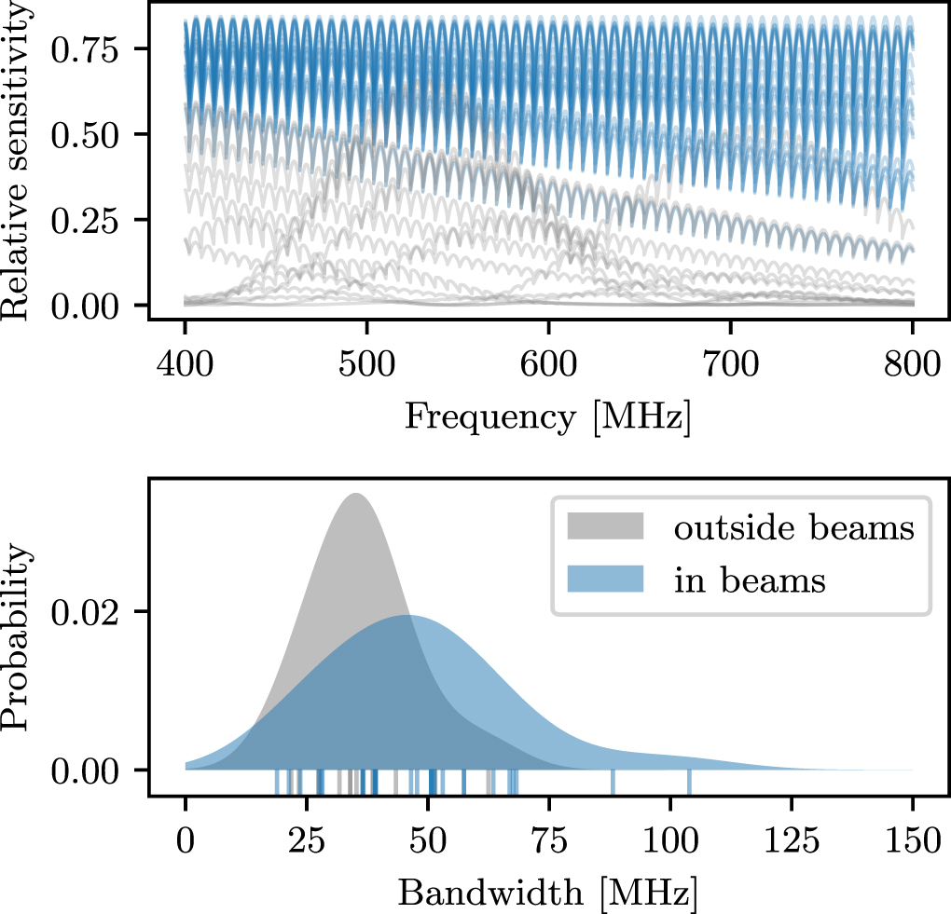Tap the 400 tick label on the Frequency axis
(x=186, y=362)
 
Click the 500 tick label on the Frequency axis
(x=367, y=362)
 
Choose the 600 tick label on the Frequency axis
(x=548, y=362)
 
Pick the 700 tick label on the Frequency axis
(x=730, y=362)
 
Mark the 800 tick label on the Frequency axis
(x=911, y=362)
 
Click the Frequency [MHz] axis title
(x=548, y=417)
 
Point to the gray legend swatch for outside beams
(x=605, y=528)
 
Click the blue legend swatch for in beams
(x=605, y=580)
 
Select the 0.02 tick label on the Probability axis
(x=98, y=612)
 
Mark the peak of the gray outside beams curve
(x=356, y=494)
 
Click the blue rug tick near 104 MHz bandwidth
(x=689, y=783)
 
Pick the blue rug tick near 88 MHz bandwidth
(x=613, y=783)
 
